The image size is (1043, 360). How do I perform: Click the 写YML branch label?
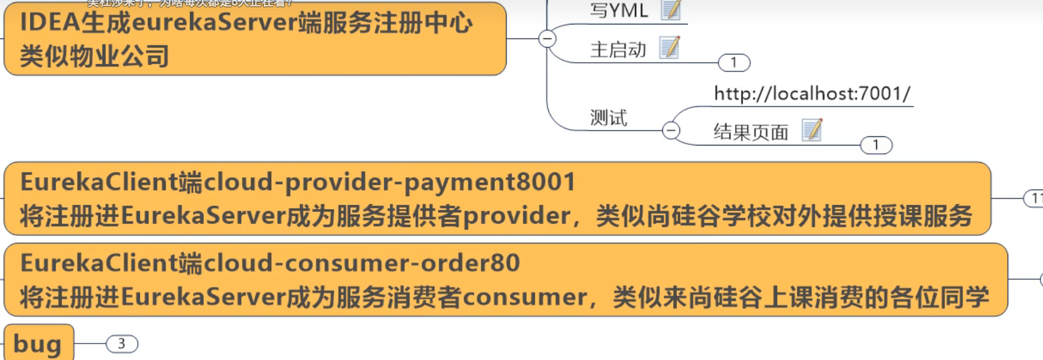pyautogui.click(x=618, y=10)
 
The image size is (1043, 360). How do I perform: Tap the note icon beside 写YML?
pyautogui.click(x=670, y=9)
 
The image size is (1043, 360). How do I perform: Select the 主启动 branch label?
pyautogui.click(x=618, y=50)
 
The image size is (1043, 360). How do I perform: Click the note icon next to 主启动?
pyautogui.click(x=670, y=48)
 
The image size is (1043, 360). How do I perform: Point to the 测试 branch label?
pyautogui.click(x=609, y=117)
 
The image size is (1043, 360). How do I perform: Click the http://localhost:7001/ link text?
pyautogui.click(x=812, y=94)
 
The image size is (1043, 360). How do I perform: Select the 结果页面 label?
pyautogui.click(x=751, y=132)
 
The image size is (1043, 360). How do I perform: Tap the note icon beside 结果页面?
pyautogui.click(x=812, y=130)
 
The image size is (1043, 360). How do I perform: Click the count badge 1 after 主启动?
pyautogui.click(x=734, y=62)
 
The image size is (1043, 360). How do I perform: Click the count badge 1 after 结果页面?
pyautogui.click(x=876, y=145)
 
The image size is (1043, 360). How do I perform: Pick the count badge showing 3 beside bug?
pyautogui.click(x=122, y=344)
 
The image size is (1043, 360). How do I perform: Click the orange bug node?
pyautogui.click(x=38, y=343)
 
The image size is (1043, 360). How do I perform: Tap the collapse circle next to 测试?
pyautogui.click(x=671, y=130)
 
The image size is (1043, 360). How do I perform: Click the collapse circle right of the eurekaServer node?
pyautogui.click(x=547, y=39)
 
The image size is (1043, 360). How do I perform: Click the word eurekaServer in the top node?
pyautogui.click(x=214, y=23)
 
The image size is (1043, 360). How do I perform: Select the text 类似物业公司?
pyautogui.click(x=94, y=56)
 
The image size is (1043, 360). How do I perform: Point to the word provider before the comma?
pyautogui.click(x=517, y=216)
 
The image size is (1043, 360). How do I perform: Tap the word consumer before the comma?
pyautogui.click(x=525, y=298)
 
